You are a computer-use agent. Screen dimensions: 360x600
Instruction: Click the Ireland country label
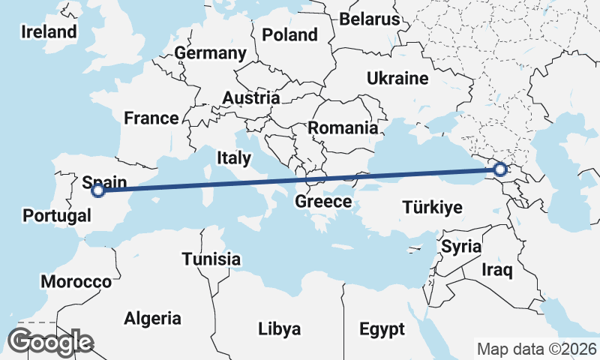(49, 31)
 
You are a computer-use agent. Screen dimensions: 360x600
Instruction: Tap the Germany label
(210, 53)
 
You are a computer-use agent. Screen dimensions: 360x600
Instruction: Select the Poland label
(289, 34)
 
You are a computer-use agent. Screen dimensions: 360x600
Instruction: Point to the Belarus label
(370, 19)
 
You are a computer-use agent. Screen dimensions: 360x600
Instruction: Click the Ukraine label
(397, 78)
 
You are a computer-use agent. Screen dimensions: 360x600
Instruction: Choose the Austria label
(250, 98)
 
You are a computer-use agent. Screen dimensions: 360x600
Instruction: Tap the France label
(151, 118)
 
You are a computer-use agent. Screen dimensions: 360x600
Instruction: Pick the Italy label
(233, 157)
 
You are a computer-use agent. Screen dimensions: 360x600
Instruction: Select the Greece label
(323, 202)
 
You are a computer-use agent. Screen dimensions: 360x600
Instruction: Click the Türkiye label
(432, 207)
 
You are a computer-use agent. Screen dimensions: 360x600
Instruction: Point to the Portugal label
(57, 216)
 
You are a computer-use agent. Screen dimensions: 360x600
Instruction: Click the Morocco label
(76, 282)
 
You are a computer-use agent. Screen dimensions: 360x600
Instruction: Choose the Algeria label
(152, 317)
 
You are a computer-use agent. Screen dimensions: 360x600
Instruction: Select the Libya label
(279, 328)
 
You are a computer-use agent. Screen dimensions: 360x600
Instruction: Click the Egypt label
(381, 328)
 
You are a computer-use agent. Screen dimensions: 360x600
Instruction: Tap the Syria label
(460, 246)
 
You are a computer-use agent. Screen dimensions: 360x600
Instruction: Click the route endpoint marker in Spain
(97, 190)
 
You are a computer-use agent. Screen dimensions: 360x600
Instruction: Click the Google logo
(50, 342)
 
